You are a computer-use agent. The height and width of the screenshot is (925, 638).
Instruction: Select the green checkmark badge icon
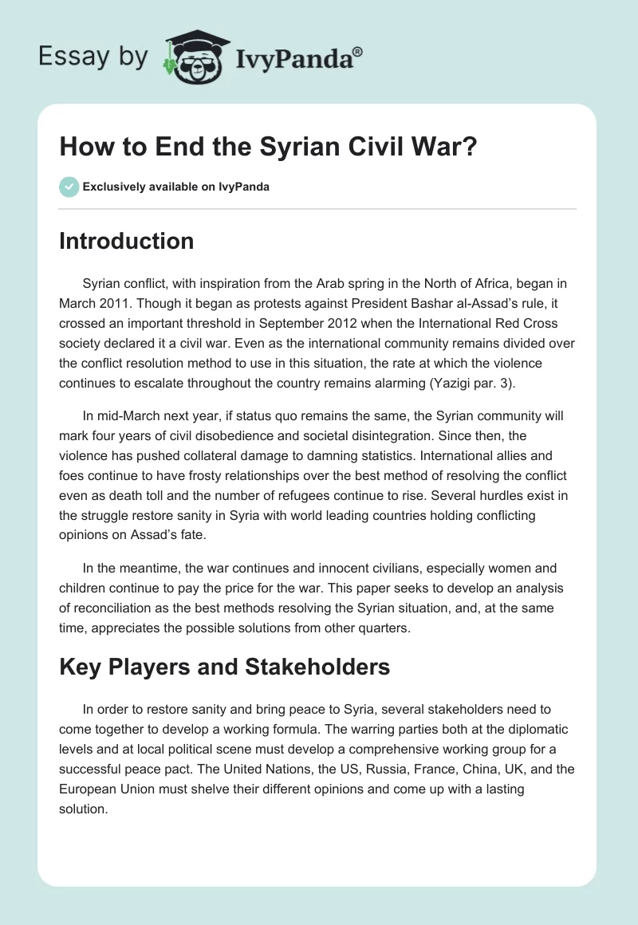69,187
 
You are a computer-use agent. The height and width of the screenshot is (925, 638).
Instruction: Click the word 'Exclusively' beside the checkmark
112,187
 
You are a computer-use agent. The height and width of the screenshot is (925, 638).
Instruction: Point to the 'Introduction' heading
126,241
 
